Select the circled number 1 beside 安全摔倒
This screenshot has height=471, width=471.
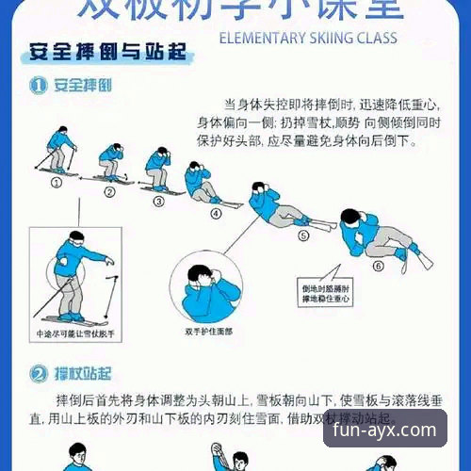coord(38,86)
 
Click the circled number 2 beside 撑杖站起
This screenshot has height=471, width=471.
coord(38,374)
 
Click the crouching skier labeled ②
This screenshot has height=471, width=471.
coord(111,164)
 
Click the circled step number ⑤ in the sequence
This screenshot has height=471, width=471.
coord(303,236)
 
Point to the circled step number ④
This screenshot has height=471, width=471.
coord(216,213)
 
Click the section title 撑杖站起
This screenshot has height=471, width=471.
coord(84,374)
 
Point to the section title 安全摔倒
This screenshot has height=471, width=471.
coord(84,86)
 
